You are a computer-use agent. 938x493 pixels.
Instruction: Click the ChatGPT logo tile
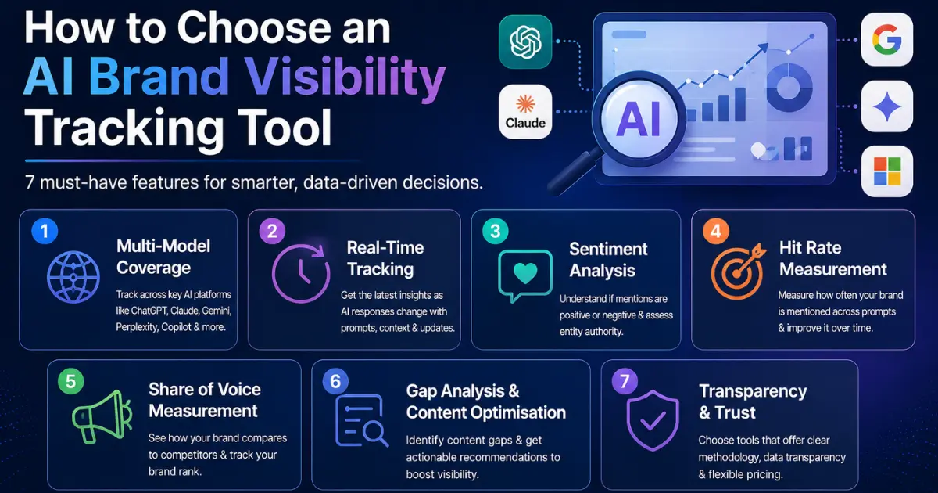525,41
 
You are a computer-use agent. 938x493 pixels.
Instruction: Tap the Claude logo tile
525,111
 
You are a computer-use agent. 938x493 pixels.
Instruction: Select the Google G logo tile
887,39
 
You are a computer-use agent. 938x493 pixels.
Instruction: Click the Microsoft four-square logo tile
887,171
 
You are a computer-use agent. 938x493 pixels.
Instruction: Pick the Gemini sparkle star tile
887,106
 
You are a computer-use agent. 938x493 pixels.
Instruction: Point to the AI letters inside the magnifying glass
638,120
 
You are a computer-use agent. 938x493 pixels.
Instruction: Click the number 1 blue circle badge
45,231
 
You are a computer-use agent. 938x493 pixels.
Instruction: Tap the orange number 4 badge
716,231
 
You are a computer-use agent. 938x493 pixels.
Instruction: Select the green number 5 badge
71,381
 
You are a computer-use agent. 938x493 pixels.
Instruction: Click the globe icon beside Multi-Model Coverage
73,277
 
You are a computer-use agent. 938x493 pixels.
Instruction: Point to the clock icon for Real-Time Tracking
301,273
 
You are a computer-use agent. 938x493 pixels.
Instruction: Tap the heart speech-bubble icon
525,275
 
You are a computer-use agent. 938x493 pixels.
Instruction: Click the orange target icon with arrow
738,272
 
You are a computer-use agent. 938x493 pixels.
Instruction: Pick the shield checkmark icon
653,420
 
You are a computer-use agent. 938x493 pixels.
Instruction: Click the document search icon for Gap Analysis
362,420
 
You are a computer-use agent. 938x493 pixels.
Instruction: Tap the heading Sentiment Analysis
608,260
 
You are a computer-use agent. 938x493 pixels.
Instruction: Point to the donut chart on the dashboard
789,87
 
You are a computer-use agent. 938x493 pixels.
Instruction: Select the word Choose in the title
256,28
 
